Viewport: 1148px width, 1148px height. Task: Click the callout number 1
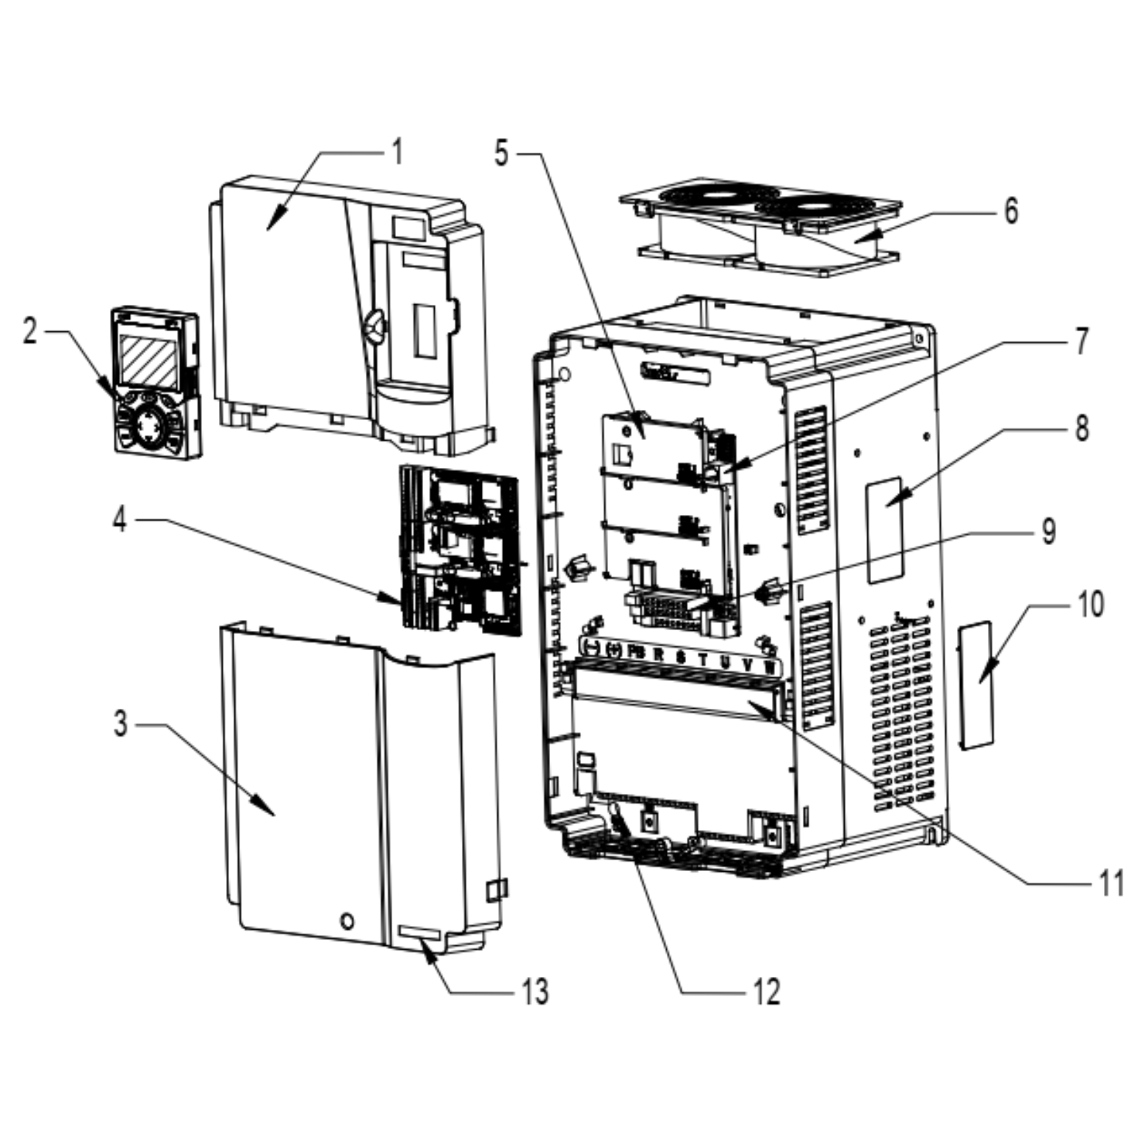[397, 152]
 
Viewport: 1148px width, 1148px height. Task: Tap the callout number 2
[29, 331]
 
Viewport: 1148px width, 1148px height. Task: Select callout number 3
[120, 723]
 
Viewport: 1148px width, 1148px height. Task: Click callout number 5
[502, 154]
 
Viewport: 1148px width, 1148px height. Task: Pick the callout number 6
[1011, 211]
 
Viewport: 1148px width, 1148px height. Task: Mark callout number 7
[1081, 341]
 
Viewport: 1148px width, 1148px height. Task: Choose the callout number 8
[1081, 428]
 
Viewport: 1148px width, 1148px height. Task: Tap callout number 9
[1049, 531]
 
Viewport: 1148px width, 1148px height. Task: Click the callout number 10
[1091, 604]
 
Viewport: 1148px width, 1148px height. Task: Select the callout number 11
[1111, 882]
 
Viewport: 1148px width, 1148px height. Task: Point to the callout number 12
[766, 992]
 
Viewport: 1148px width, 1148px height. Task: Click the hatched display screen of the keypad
[148, 361]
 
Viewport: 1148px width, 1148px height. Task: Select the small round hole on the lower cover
[347, 920]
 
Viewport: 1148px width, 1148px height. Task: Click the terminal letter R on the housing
[658, 653]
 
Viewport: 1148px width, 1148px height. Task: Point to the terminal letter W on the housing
[769, 667]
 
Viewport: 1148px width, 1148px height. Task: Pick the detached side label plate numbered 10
[975, 685]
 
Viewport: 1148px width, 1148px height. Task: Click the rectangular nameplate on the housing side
[884, 530]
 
